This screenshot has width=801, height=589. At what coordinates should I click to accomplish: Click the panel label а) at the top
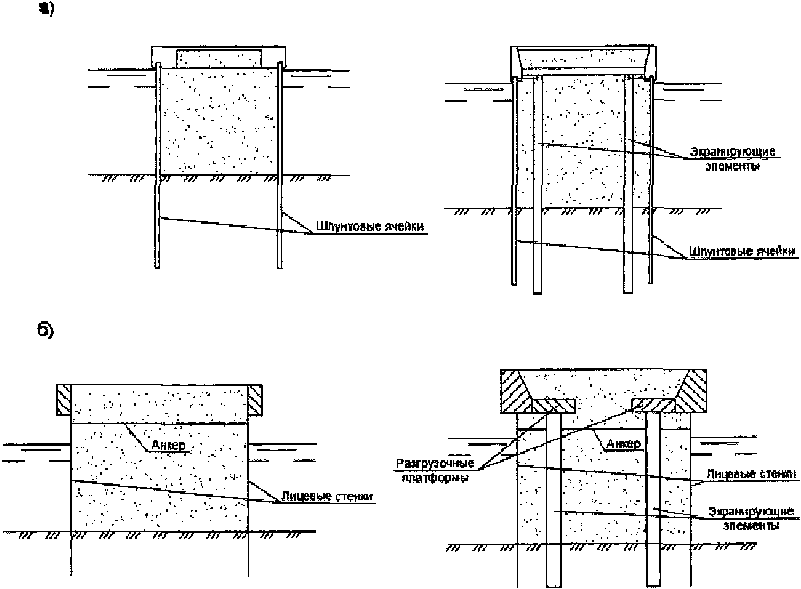click(46, 9)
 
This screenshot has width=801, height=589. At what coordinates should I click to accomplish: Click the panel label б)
click(45, 330)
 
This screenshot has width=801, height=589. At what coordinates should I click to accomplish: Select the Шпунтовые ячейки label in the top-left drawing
click(370, 227)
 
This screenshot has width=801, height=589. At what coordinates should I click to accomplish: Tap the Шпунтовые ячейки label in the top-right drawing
click(742, 251)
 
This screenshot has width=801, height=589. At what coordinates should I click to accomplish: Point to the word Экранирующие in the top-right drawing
click(733, 151)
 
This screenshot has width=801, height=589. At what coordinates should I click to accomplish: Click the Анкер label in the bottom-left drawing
click(168, 445)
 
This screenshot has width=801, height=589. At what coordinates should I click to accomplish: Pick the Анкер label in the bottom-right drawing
click(623, 443)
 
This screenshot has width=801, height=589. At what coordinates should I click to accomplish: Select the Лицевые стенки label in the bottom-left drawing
click(327, 496)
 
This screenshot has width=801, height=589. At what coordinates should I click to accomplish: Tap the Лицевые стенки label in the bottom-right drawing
click(751, 474)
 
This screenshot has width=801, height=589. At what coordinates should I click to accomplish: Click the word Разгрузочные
click(435, 463)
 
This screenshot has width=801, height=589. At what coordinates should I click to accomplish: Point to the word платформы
click(435, 478)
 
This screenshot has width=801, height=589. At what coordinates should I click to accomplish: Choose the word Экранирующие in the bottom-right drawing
click(751, 512)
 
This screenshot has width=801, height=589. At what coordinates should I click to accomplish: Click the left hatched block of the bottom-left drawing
click(64, 400)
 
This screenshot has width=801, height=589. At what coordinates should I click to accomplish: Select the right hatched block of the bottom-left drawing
click(255, 400)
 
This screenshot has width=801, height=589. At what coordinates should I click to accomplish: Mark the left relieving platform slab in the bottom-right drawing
click(553, 406)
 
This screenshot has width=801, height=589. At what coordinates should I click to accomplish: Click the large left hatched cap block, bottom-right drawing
click(516, 391)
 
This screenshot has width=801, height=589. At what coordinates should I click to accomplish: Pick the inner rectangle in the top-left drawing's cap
click(219, 58)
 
